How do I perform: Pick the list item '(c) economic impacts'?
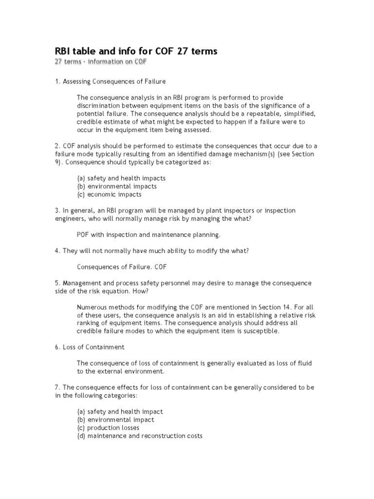[x=109, y=194]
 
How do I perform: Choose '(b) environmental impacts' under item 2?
[x=117, y=186]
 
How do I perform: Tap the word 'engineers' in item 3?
[x=69, y=219]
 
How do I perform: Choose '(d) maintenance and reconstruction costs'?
[x=140, y=436]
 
